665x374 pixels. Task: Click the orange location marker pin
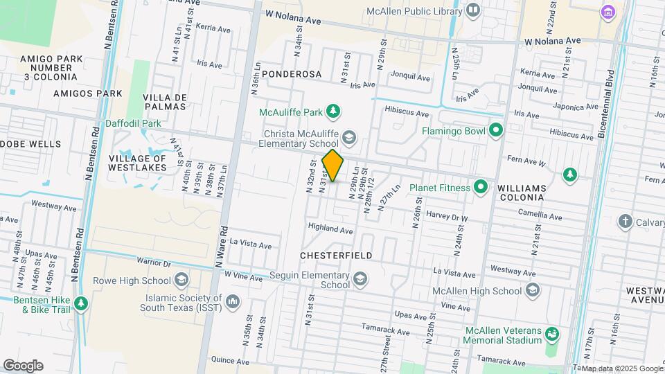[333, 166]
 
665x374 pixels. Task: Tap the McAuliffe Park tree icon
[334, 111]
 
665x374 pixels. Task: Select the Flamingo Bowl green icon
[495, 130]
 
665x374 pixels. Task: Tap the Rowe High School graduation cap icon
[181, 280]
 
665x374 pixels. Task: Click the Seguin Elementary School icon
[360, 279]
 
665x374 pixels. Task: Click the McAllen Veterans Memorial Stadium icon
[551, 335]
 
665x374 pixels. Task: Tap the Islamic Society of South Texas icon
[233, 302]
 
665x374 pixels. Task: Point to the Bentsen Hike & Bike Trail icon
[81, 303]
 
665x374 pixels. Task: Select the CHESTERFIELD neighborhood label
[336, 256]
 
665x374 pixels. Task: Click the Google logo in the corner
[23, 365]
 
